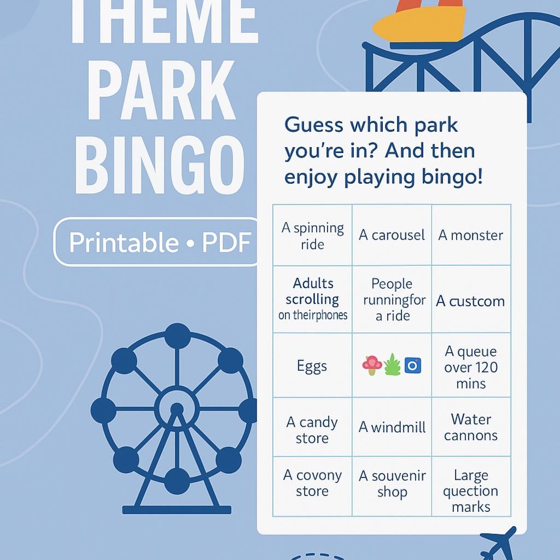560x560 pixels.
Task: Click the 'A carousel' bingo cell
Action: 392,235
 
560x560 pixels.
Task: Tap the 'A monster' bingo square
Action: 471,235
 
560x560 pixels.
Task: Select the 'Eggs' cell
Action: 312,366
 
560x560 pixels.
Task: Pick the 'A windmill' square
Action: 392,427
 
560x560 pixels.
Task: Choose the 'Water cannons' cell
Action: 471,427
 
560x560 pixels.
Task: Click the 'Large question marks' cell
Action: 471,491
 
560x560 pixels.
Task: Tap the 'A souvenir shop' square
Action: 392,484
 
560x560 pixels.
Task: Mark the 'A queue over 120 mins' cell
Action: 471,367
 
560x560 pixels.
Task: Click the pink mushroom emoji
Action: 372,365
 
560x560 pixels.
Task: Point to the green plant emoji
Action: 393,365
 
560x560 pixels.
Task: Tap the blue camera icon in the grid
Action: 413,366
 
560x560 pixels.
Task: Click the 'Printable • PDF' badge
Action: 160,242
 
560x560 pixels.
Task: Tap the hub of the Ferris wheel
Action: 177,408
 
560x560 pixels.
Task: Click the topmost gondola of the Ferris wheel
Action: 177,334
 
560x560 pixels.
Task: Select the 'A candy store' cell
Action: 312,430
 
